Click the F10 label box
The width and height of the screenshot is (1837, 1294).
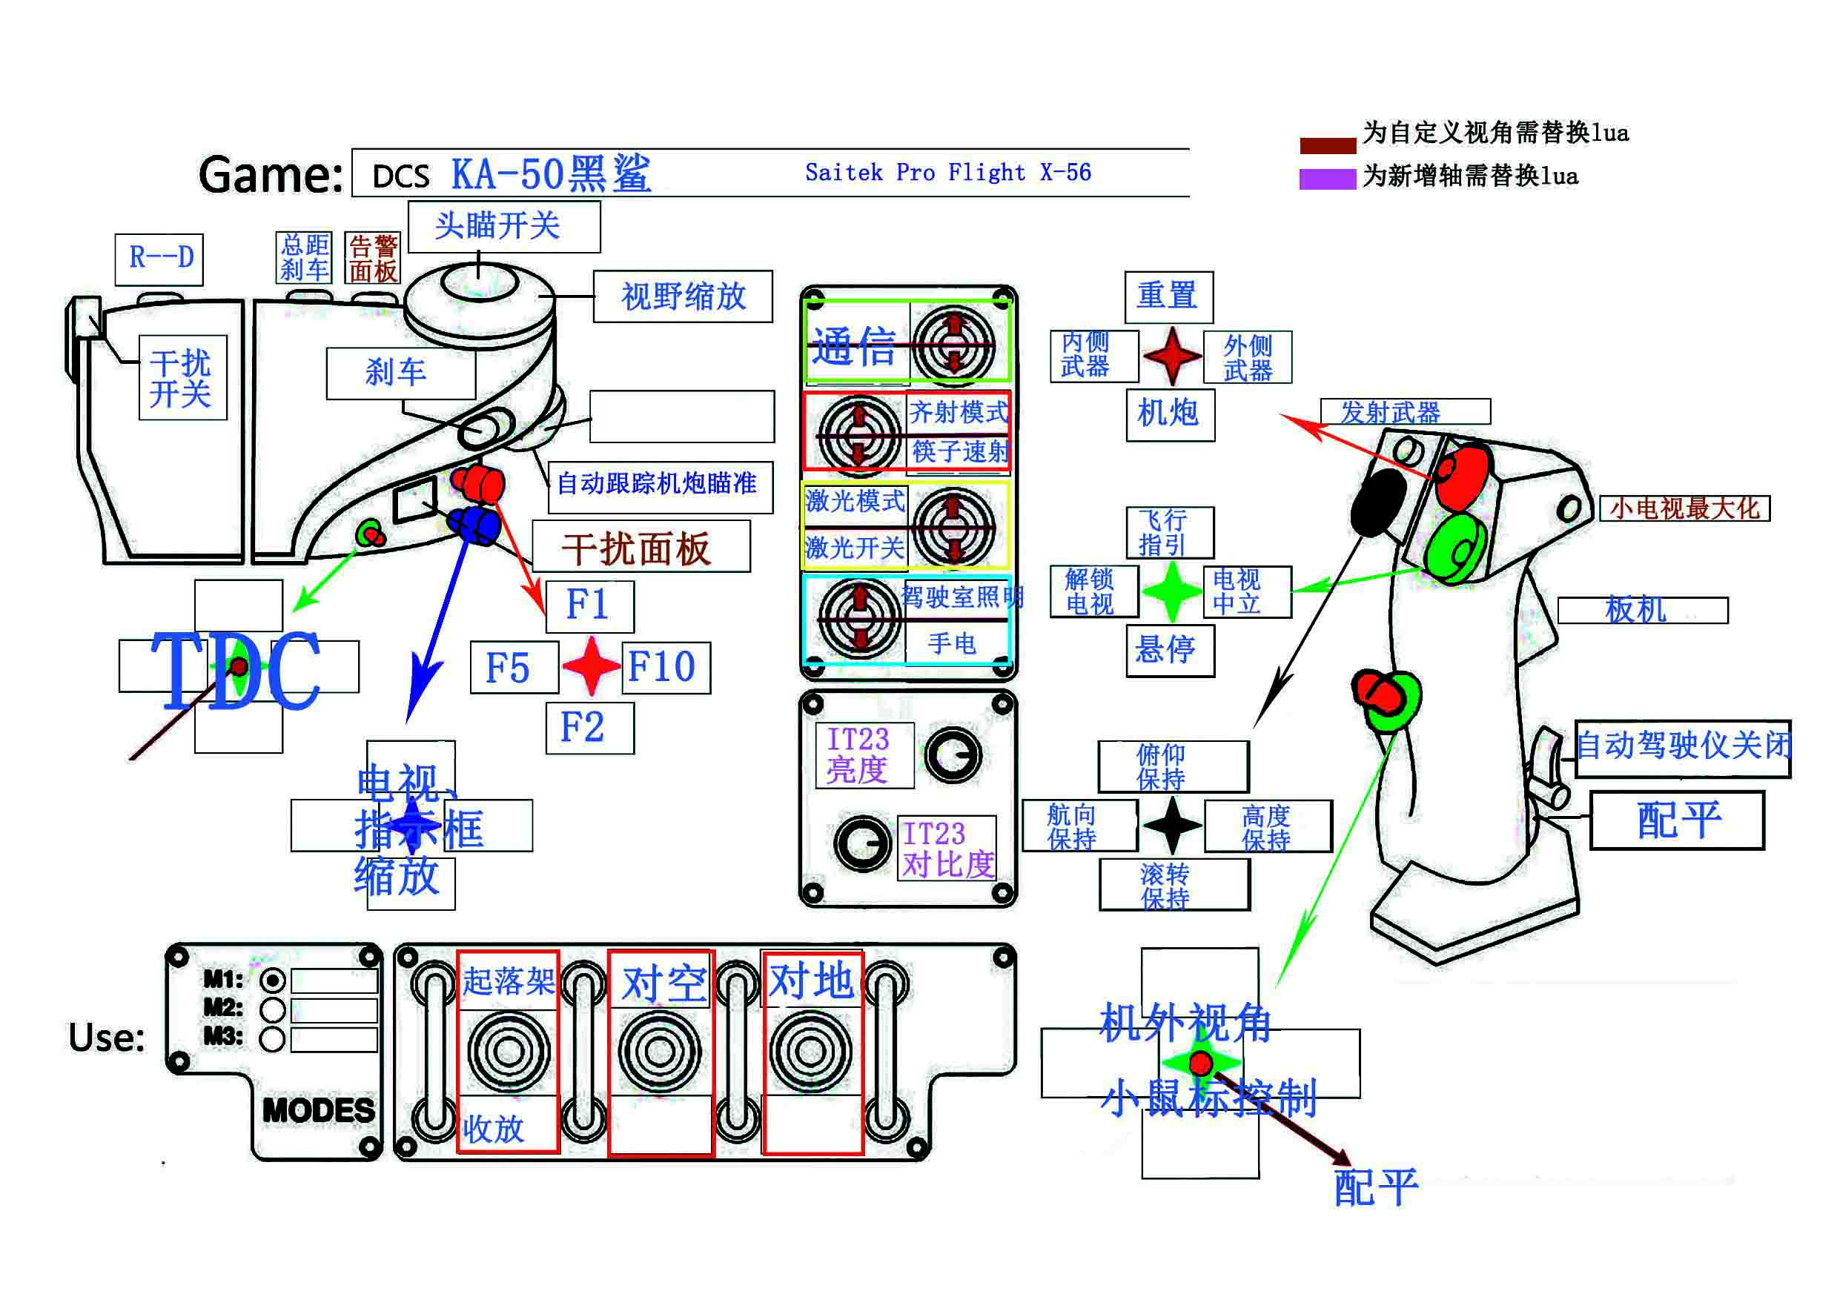(x=666, y=667)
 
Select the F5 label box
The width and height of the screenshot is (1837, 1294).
(x=514, y=667)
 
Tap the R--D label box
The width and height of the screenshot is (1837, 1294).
(x=159, y=259)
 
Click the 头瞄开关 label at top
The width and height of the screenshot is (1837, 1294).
(x=503, y=226)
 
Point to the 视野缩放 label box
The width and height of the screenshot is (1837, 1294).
(x=683, y=296)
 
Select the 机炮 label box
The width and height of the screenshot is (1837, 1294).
(x=1170, y=414)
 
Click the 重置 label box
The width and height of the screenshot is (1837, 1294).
(x=1168, y=296)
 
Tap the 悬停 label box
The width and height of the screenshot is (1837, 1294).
(x=1169, y=650)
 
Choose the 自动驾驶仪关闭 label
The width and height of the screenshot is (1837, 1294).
(x=1682, y=748)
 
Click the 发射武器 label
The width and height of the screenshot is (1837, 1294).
(x=1403, y=412)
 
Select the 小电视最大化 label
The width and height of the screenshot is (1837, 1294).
(x=1684, y=508)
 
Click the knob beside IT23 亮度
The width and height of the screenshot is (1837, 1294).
(x=953, y=754)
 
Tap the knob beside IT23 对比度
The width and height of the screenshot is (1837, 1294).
(x=862, y=843)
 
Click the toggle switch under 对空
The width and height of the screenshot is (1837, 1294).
(x=659, y=1051)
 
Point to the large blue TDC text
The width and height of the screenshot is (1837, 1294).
(x=236, y=670)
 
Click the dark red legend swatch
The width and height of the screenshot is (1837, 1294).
(x=1326, y=145)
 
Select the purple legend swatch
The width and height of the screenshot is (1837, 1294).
(x=1326, y=179)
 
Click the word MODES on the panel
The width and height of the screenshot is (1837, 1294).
(x=319, y=1110)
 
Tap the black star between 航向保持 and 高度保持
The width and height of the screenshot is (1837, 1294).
(x=1172, y=826)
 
